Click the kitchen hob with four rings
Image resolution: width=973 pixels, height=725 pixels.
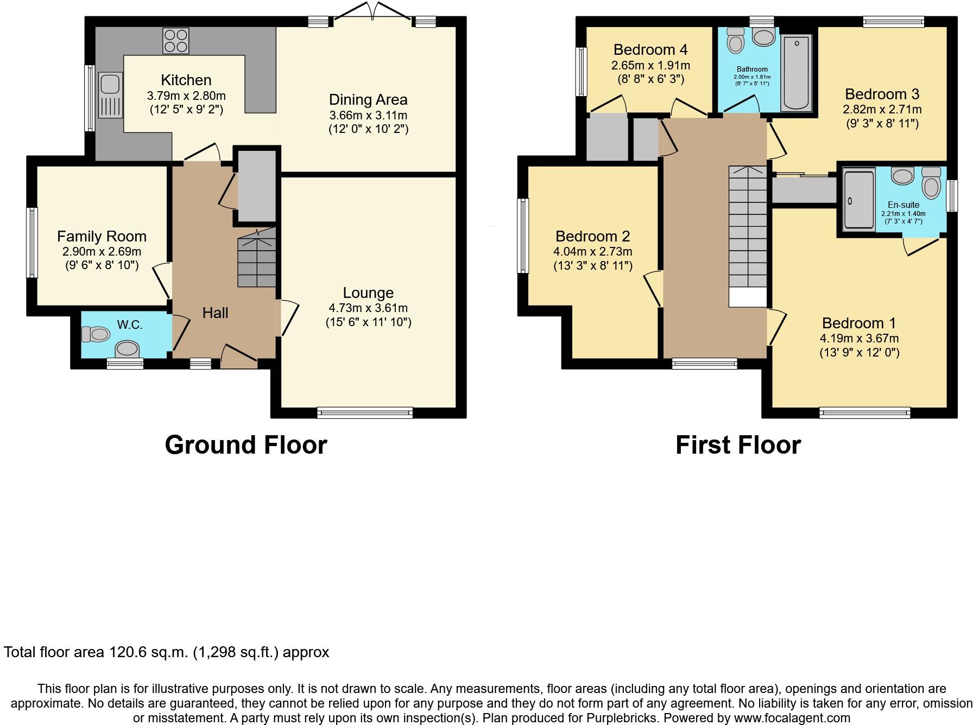point(175,41)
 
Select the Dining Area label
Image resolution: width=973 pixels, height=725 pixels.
point(368,100)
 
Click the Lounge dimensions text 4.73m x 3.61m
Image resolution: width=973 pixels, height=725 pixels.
point(368,308)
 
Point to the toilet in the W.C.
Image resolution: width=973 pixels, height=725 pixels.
point(96,334)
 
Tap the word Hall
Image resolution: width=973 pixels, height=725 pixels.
point(215,313)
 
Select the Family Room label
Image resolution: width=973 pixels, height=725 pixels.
point(102,237)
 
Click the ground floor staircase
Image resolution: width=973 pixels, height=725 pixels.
point(257,258)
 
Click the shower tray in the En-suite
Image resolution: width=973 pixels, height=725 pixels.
point(860,200)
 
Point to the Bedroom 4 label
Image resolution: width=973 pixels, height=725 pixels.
point(650,50)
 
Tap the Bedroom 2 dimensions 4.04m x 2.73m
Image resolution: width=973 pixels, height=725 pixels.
point(592,252)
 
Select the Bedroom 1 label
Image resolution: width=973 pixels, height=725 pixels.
point(858,323)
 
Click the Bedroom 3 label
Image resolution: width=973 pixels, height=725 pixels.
point(882,94)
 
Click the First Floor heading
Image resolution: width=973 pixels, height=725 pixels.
point(738,445)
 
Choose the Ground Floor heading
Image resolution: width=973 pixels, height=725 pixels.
point(245,445)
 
